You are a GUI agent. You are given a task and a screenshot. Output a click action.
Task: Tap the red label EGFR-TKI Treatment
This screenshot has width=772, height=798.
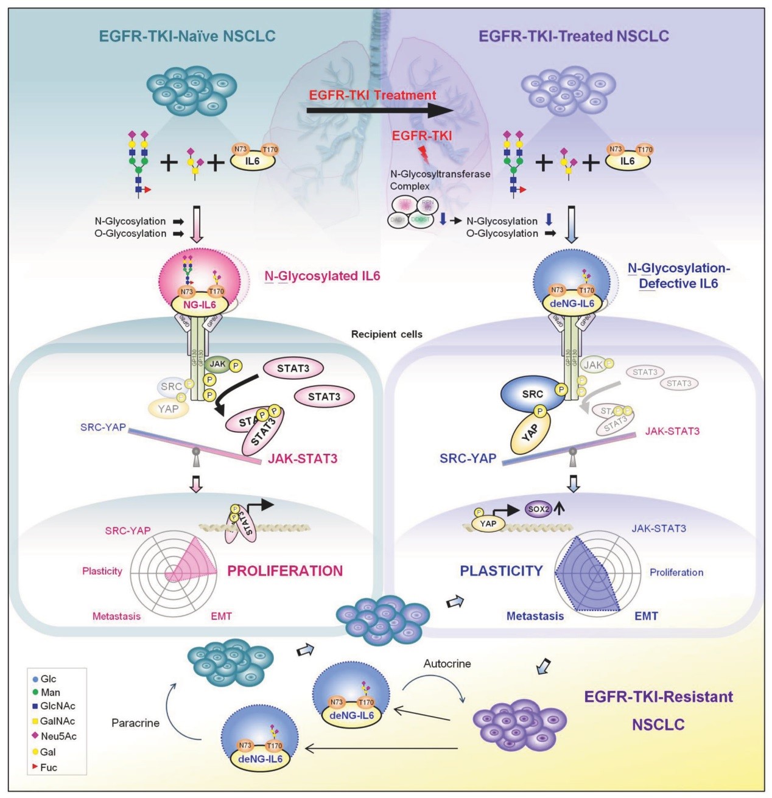pos(372,95)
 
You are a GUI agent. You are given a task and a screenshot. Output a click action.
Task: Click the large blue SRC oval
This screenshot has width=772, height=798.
pos(532,394)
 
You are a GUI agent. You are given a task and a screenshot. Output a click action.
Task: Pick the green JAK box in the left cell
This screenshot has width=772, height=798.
pos(218,364)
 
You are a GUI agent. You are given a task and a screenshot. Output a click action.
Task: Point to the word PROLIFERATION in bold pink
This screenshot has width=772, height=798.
pos(285,571)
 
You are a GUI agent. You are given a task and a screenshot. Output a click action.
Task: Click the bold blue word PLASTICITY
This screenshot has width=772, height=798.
pos(501,571)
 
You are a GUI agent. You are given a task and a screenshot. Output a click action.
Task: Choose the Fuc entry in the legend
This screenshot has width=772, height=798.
pos(48,768)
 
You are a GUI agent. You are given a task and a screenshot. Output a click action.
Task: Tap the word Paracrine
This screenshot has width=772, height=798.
pos(135,723)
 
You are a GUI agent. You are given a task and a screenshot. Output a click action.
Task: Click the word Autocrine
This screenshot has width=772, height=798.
pos(447,663)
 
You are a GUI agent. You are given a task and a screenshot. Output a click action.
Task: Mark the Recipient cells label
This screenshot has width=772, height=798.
pos(387,334)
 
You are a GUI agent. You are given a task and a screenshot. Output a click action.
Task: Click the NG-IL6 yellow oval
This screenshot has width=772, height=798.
pos(200,303)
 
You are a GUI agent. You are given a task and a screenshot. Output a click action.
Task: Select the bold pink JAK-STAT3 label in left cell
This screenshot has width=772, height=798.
pos(303,459)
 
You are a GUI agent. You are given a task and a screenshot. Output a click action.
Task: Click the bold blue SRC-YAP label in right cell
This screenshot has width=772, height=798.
pos(468,458)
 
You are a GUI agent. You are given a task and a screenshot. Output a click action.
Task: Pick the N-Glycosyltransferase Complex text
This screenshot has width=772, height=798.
pos(440,180)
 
